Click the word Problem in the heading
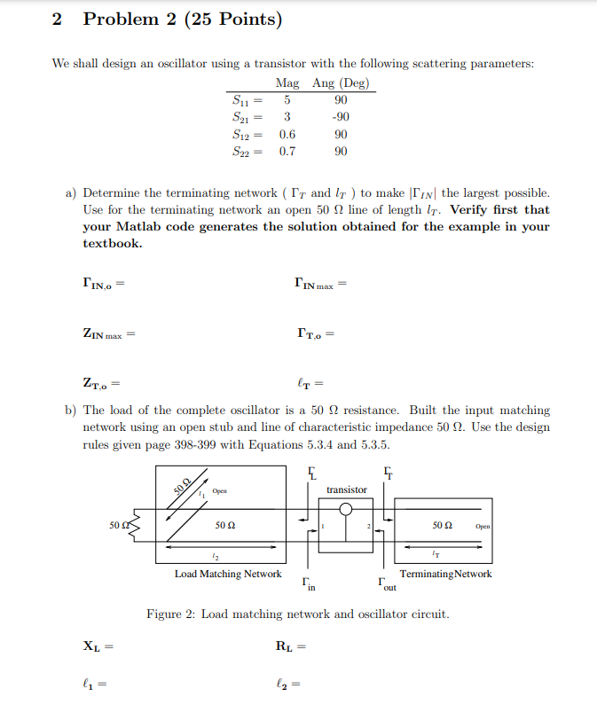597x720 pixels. coord(120,19)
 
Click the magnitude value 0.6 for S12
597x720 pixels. coord(287,135)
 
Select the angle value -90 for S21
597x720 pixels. coord(341,118)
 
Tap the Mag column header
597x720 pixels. coord(287,83)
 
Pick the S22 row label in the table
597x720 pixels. coord(241,152)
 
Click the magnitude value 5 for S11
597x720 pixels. coord(287,101)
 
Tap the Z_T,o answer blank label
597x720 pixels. coord(97,384)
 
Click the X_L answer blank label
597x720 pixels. coord(93,646)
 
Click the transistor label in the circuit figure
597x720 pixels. coord(346,489)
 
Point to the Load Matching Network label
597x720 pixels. coord(228,574)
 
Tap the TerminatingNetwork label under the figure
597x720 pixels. coord(445,574)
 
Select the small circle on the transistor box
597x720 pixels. coord(347,509)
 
